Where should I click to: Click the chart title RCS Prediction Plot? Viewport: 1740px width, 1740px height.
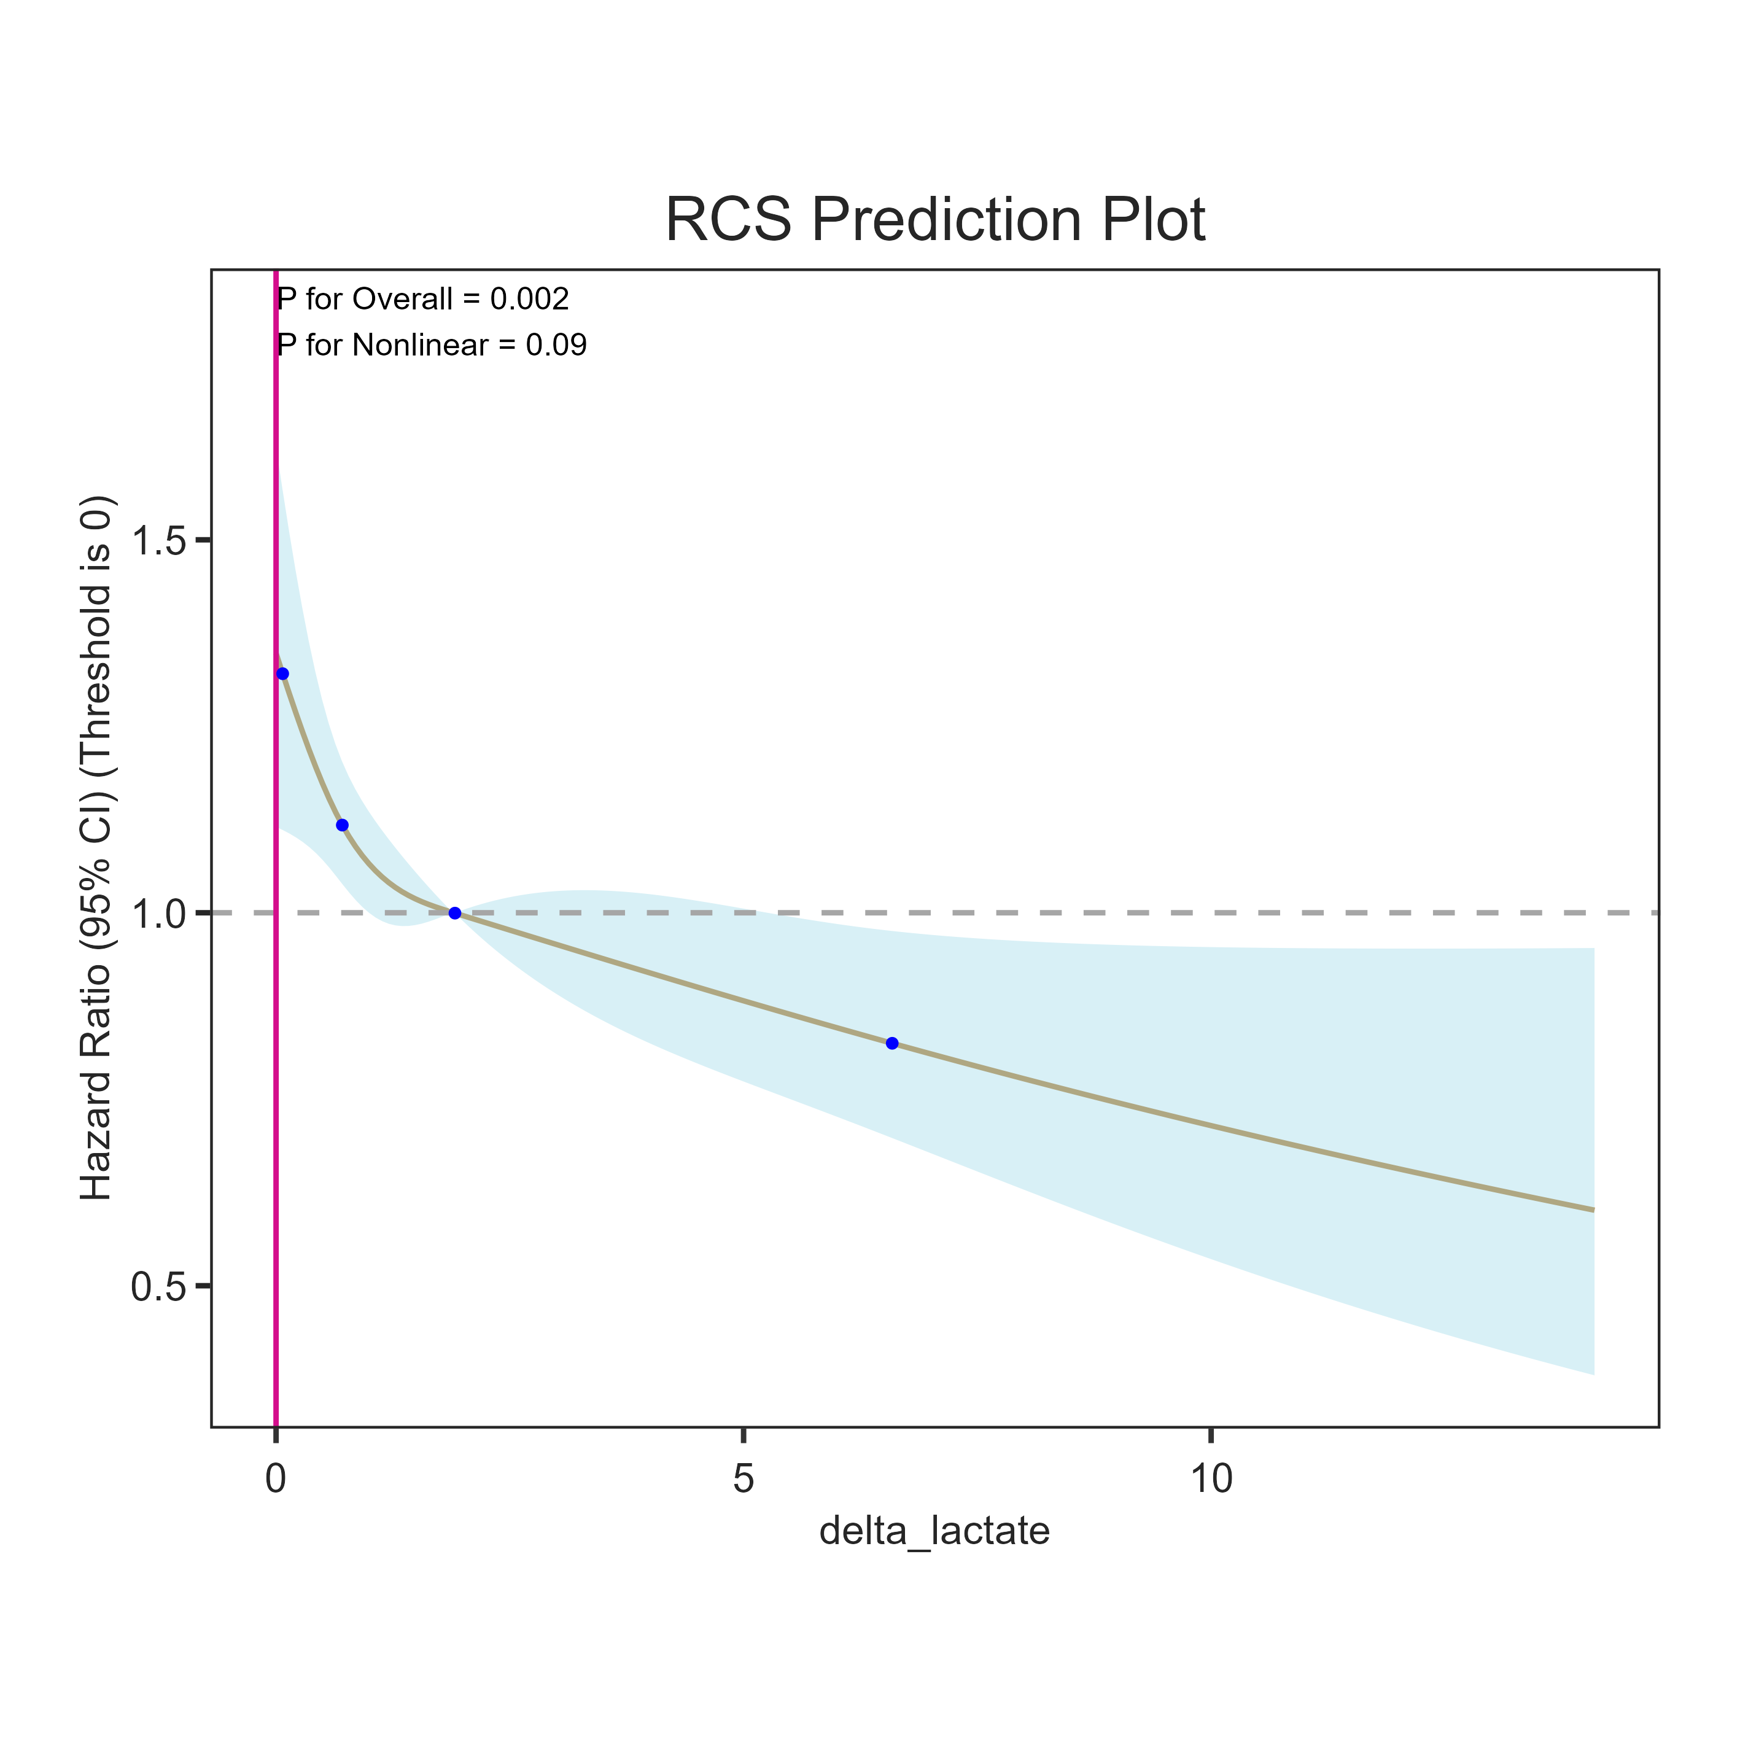point(935,220)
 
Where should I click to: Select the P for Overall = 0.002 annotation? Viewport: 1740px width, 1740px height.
point(423,299)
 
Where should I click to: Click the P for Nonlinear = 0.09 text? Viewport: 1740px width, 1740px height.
point(432,345)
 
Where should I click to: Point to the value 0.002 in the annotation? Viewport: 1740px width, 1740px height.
point(530,299)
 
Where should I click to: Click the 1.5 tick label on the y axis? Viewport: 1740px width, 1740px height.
point(158,542)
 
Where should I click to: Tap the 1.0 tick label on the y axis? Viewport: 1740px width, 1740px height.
point(158,913)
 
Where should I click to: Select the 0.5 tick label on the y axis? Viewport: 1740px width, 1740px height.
point(158,1286)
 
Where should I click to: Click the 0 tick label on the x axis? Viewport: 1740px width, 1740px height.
point(276,1479)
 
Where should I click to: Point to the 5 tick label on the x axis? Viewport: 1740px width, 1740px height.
point(742,1479)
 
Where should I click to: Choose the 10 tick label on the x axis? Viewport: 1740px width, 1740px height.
point(1210,1479)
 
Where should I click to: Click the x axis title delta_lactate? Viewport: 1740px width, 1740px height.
point(934,1531)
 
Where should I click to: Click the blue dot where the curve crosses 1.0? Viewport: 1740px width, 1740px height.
point(455,913)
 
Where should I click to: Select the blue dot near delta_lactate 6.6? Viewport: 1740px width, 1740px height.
point(891,1043)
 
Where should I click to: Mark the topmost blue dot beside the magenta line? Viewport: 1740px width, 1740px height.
point(283,674)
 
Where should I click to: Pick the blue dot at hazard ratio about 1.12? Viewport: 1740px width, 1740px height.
point(342,825)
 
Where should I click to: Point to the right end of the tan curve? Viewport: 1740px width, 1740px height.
point(1592,1209)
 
